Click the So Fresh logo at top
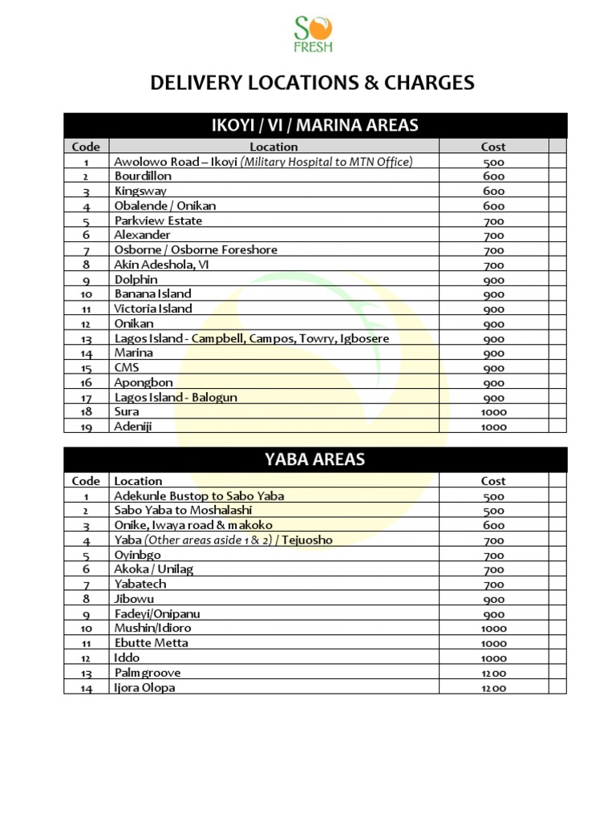pyautogui.click(x=314, y=34)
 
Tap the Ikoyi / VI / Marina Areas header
pyautogui.click(x=314, y=125)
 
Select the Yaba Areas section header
pyautogui.click(x=314, y=459)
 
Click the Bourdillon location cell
pyautogui.click(x=143, y=176)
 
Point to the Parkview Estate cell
pyautogui.click(x=158, y=220)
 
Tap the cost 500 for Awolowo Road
pyautogui.click(x=493, y=162)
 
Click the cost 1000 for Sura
pyautogui.click(x=493, y=412)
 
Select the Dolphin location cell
pyautogui.click(x=136, y=280)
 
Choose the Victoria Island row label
pyautogui.click(x=153, y=309)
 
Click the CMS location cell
pyautogui.click(x=127, y=368)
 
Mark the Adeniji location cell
pyautogui.click(x=133, y=427)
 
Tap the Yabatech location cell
pyautogui.click(x=140, y=584)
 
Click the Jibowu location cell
pyautogui.click(x=134, y=599)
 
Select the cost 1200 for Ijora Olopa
pyautogui.click(x=493, y=688)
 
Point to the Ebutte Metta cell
pyautogui.click(x=152, y=643)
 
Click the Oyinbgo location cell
pyautogui.click(x=137, y=555)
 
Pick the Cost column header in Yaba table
pyautogui.click(x=493, y=481)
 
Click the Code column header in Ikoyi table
pyautogui.click(x=86, y=147)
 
